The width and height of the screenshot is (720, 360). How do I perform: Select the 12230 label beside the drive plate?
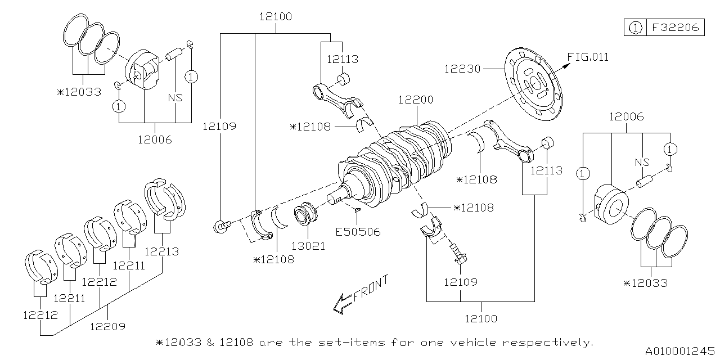462,69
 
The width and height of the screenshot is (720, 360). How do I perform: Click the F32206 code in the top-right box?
674,27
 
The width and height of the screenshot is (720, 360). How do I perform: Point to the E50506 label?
358,231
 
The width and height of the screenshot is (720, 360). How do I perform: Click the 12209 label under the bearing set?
107,326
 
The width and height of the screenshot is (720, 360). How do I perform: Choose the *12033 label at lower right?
645,283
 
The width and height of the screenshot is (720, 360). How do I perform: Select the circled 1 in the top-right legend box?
635,27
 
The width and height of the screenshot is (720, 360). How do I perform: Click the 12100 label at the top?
275,17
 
